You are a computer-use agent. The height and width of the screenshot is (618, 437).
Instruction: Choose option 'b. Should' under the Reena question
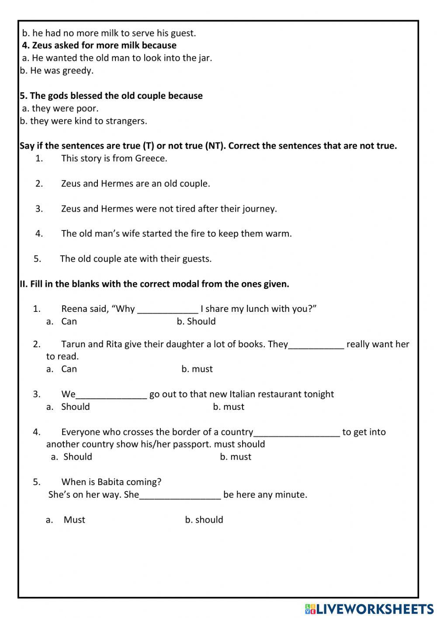click(196, 321)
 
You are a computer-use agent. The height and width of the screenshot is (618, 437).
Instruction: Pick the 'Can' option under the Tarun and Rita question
click(69, 369)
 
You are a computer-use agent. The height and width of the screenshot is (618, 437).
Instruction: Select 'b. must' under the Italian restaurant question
click(229, 407)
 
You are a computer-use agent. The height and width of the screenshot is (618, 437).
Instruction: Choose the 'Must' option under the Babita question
click(74, 520)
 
